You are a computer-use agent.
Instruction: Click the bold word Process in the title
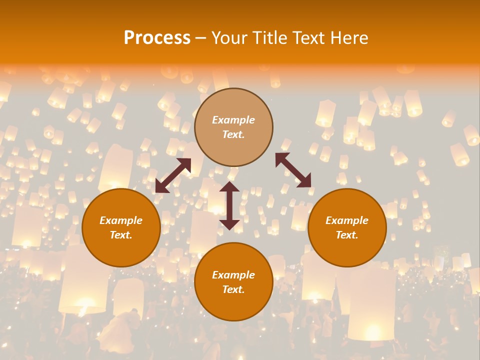pos(157,38)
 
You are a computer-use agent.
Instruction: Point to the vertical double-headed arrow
pos(229,205)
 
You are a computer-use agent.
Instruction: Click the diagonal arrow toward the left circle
pos(173,175)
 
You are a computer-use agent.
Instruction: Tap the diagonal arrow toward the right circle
pos(293,170)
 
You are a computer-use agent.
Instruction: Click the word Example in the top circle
pos(233,120)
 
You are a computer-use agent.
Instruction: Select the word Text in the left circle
pos(121,235)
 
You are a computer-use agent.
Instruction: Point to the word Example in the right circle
pos(347,220)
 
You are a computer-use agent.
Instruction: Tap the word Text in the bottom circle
pos(233,289)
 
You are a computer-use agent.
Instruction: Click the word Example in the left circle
pos(121,220)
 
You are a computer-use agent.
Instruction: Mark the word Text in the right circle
pos(346,235)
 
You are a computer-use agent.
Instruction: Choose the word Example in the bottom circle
pos(233,275)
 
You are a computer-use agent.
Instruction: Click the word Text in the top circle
pos(233,134)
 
